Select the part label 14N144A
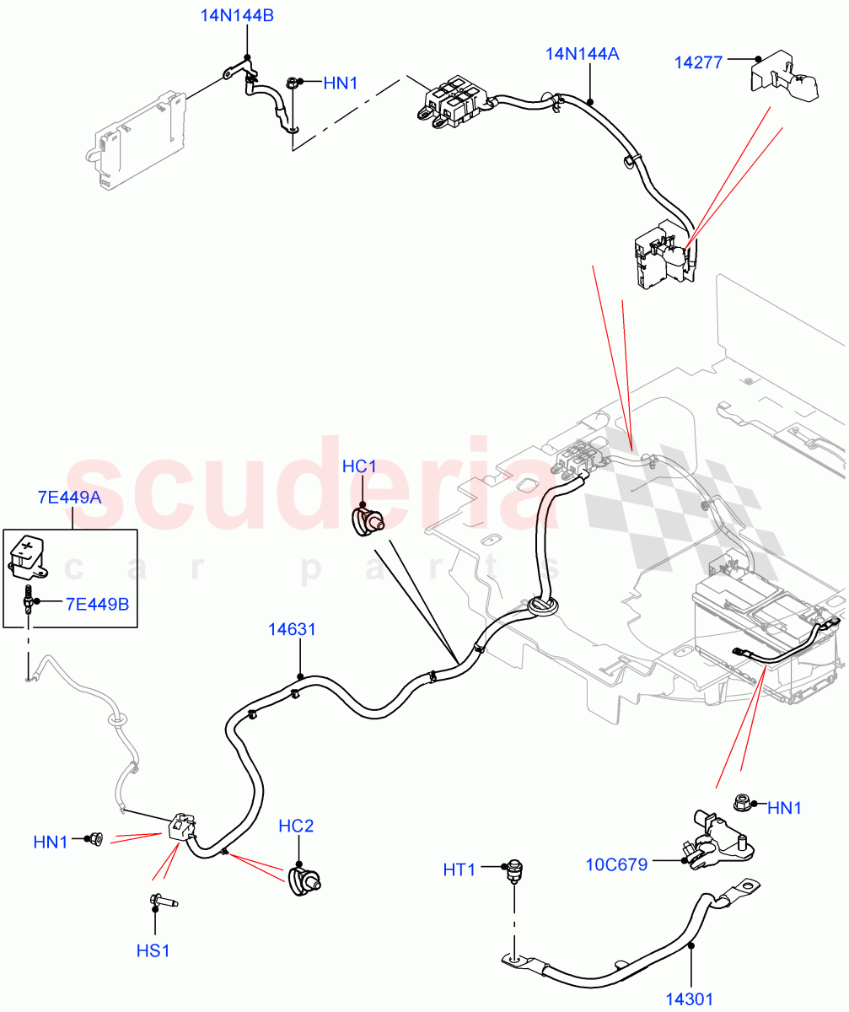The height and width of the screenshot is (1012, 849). pos(582,55)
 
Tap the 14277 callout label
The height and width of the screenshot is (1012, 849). pos(698,62)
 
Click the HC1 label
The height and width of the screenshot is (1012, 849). pos(359,466)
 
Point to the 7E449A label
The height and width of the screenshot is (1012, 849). pos(69,497)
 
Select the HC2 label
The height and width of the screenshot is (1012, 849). pos(296,826)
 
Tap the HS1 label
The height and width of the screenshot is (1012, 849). pos(153,950)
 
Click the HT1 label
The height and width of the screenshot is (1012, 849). pos(460,868)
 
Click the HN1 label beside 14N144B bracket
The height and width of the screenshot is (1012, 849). pos(341,83)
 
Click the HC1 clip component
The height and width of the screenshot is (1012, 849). pos(366,522)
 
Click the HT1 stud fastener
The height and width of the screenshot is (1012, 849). pos(513,870)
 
